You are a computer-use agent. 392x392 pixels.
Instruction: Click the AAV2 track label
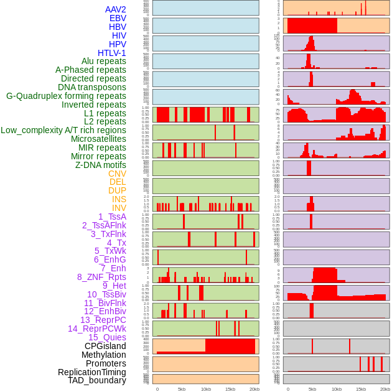tap(116, 9)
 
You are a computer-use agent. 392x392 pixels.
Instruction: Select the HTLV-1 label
tap(112, 53)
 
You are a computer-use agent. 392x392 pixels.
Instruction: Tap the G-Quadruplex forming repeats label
tap(66, 96)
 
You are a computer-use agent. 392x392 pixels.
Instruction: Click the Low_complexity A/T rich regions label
tap(63, 130)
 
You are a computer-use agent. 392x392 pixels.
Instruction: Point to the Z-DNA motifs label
tap(101, 165)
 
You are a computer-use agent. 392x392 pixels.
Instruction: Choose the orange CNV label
tap(117, 174)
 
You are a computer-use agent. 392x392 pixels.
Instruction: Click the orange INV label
tap(119, 208)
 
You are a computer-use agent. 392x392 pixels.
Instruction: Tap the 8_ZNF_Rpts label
tap(101, 277)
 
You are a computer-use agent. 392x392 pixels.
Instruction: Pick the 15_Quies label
tap(107, 337)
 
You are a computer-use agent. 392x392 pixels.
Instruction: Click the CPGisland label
tap(105, 346)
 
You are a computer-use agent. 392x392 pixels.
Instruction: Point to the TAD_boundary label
tap(97, 380)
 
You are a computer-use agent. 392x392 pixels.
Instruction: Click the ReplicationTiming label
tap(91, 372)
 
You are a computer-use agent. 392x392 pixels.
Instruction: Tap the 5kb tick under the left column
tap(182, 389)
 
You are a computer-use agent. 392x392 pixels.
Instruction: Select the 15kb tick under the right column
tap(361, 389)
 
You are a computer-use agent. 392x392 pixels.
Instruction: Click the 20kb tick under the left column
tap(254, 389)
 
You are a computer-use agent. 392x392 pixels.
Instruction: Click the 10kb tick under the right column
tap(337, 389)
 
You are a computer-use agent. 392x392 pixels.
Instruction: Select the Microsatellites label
tap(98, 139)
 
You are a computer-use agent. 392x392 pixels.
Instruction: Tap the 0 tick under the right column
tap(287, 389)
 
